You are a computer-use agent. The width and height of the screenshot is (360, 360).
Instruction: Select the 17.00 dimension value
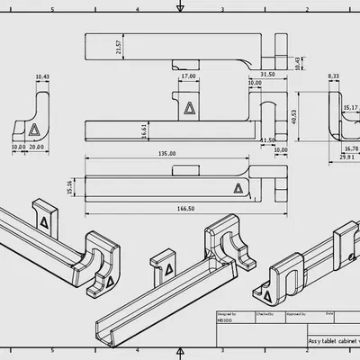(188, 76)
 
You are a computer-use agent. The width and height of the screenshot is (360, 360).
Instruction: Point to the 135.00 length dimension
(167, 154)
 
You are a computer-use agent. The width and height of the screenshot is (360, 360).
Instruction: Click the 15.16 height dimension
(70, 186)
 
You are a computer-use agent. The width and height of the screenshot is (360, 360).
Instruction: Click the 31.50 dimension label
(266, 74)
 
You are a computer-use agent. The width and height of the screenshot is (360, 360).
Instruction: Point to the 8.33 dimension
(334, 76)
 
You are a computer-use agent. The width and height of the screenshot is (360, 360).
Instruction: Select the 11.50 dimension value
(267, 140)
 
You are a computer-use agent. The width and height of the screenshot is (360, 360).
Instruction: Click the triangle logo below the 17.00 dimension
(187, 108)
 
